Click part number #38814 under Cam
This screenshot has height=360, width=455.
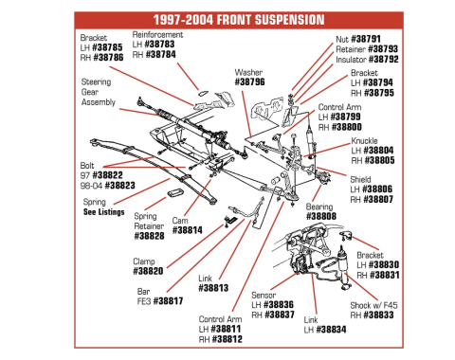187,229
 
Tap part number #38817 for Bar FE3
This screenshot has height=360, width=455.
169,300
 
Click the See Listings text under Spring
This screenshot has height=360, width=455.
103,212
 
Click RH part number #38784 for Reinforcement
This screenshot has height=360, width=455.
162,54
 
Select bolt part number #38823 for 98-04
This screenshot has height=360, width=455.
119,186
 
